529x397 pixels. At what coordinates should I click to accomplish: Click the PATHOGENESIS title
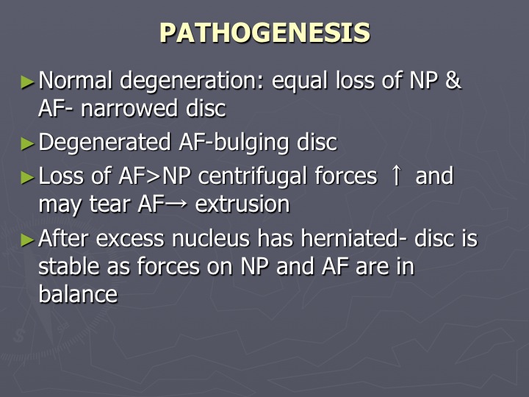tap(264, 33)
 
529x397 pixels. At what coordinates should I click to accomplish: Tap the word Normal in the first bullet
tap(75, 80)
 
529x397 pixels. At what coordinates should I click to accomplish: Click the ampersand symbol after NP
tap(453, 81)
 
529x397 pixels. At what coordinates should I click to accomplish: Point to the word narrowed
tap(129, 108)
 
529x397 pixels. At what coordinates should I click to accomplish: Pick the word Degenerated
tap(104, 143)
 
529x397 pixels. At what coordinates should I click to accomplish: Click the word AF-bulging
tap(234, 143)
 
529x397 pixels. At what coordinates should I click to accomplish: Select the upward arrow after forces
tap(396, 176)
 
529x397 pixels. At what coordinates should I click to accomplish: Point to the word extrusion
tap(242, 204)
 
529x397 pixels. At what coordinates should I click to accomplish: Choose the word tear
tap(109, 204)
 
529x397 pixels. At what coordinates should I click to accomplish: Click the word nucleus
tap(211, 239)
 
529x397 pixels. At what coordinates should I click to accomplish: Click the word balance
tap(78, 294)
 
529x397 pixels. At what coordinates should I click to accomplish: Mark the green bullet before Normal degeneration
tap(28, 82)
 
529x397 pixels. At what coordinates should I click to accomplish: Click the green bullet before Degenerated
tap(28, 144)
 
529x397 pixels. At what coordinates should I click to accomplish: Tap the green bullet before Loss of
tap(28, 178)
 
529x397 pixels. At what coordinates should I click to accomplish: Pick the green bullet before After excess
tap(28, 240)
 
